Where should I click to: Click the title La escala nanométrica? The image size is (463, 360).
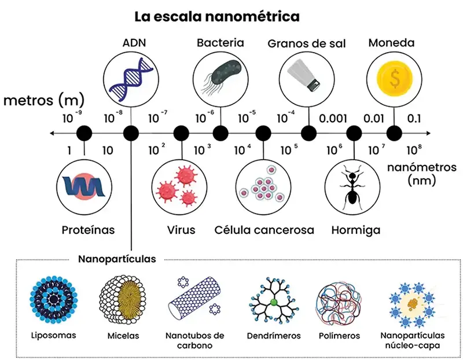click(x=217, y=16)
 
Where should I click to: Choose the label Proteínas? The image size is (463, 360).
click(x=88, y=230)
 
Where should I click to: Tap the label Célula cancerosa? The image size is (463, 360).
click(x=264, y=230)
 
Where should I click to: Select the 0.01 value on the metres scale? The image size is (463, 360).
click(x=373, y=118)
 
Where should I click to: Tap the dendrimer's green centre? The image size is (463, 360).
click(x=274, y=302)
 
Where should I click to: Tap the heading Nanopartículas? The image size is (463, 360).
click(x=117, y=259)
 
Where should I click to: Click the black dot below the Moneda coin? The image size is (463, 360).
click(x=394, y=134)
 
